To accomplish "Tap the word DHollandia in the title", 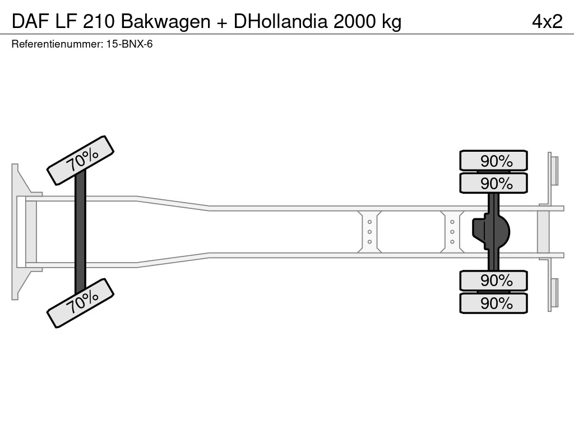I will coord(282,21).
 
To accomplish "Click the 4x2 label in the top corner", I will coord(547,21).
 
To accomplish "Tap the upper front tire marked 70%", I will coord(81,160).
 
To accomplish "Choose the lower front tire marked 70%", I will coord(81,303).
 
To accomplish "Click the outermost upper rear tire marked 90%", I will coord(494,161).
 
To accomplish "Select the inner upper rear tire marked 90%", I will coord(494,183).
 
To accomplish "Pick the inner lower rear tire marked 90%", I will coord(494,281).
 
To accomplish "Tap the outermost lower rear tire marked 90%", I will coord(494,303).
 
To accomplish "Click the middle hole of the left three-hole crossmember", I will coord(370,232).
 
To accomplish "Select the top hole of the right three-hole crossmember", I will coord(452,222).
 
